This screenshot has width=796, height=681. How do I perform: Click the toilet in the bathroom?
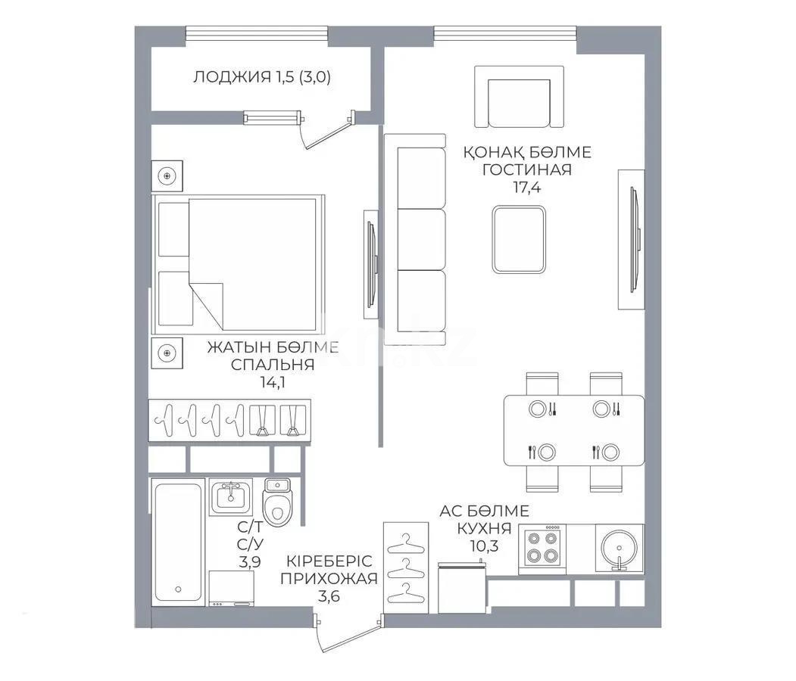point(277,502)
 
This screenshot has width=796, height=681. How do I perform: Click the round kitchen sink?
point(619,547)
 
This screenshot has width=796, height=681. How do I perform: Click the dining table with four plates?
point(574,431)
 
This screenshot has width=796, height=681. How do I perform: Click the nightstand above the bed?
point(167,176)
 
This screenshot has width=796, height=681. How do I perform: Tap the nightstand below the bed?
point(167,351)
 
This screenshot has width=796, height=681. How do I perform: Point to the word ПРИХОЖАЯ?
point(328,580)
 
